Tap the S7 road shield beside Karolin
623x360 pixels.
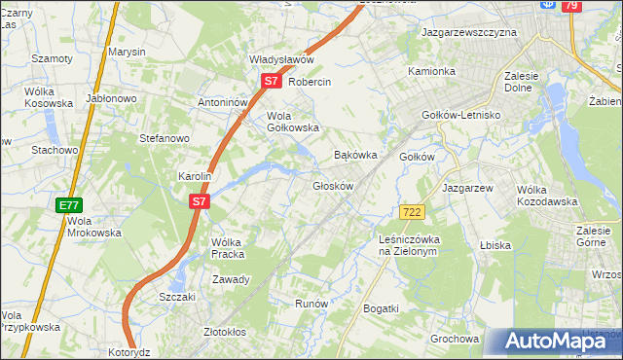(199, 201)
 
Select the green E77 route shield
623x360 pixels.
(68, 205)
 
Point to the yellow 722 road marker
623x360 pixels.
(410, 212)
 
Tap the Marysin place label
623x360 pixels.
(127, 52)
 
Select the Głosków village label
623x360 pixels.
(332, 185)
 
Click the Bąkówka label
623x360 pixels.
(354, 155)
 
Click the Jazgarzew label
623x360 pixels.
(468, 187)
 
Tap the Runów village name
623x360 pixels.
(311, 304)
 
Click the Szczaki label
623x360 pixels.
(178, 297)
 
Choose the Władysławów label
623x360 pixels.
(280, 58)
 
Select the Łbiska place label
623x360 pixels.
(495, 245)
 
